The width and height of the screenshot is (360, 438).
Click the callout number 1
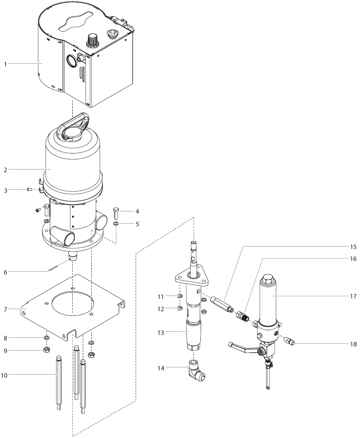point(5,64)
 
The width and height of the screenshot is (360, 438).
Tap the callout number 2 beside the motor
point(5,170)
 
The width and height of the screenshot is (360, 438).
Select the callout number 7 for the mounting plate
point(5,309)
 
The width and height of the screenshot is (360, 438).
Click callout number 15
point(353,246)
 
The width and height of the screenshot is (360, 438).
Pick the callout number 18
point(353,344)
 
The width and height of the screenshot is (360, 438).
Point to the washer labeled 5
point(116,223)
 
